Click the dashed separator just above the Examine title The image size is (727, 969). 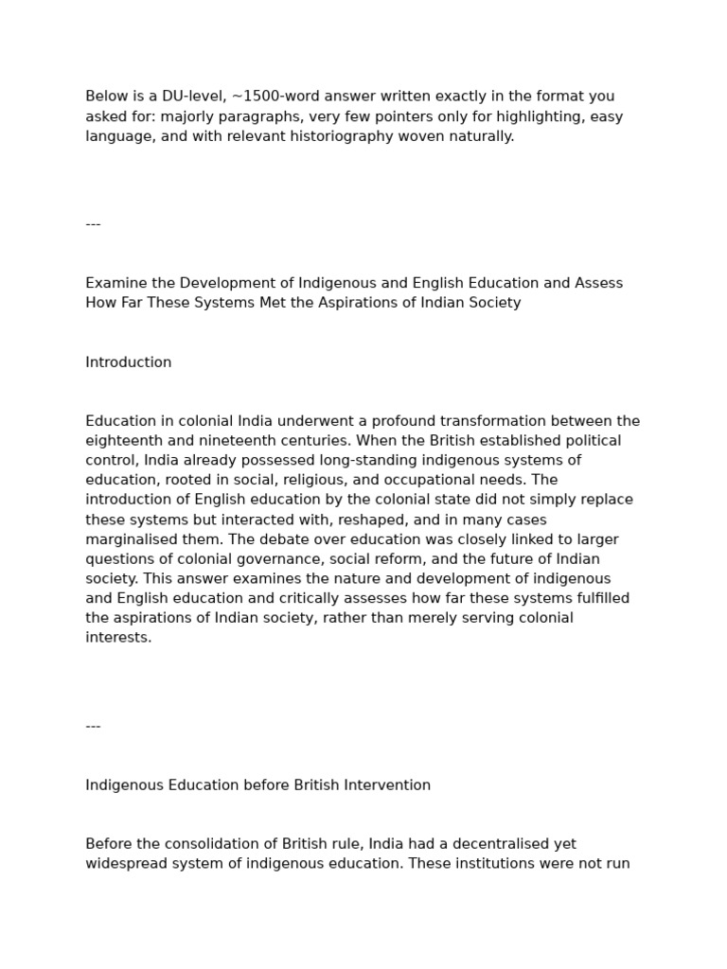(93, 224)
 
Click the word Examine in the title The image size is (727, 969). (115, 283)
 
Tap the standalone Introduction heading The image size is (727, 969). (129, 362)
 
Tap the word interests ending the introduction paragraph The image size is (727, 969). (118, 638)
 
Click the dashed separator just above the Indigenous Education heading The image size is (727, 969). (93, 726)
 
